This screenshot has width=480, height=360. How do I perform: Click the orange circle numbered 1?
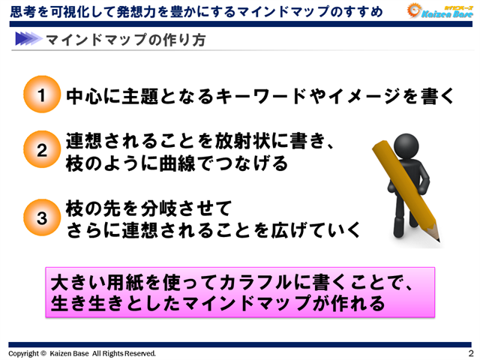click(x=42, y=95)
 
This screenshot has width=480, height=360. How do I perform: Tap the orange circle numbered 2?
click(x=42, y=151)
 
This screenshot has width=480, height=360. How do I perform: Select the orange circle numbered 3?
click(x=42, y=217)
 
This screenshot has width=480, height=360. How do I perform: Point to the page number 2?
click(x=470, y=353)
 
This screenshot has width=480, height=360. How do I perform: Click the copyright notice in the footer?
click(x=82, y=353)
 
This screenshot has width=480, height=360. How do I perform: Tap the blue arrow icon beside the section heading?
click(x=26, y=39)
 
